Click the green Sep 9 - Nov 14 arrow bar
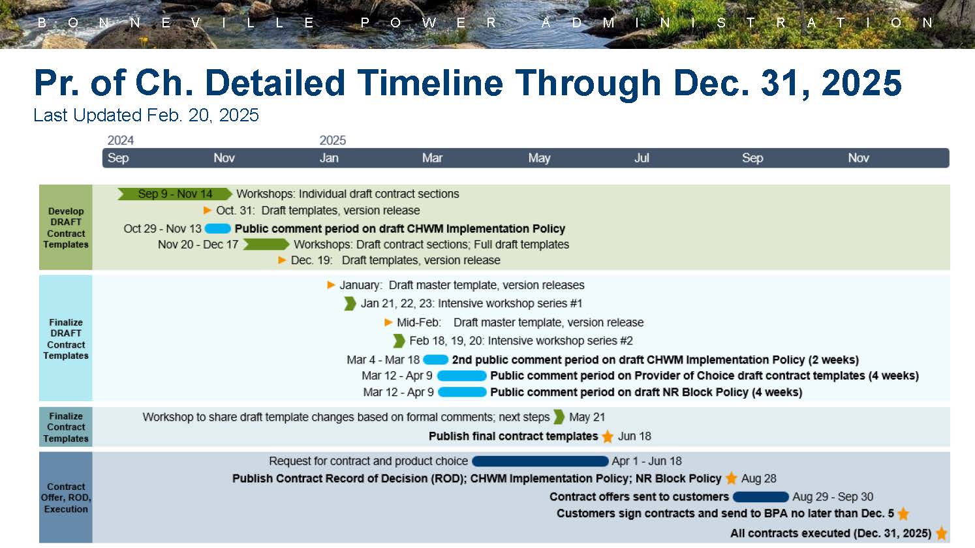coord(175,194)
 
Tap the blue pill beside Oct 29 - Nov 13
coord(218,228)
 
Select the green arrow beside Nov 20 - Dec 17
coord(266,245)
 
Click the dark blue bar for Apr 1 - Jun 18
coord(540,461)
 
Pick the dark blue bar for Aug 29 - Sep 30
coord(761,496)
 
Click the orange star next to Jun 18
coord(608,436)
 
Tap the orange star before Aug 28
coord(732,478)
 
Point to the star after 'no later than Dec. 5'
coord(903,514)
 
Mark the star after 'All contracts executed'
coord(941,534)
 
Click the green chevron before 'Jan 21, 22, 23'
coord(350,303)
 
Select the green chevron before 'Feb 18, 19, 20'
coord(399,341)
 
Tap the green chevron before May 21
coord(559,417)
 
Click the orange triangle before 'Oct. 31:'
coord(208,210)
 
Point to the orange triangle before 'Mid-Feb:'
coord(388,322)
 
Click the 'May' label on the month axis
coord(539,158)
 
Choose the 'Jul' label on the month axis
coord(642,158)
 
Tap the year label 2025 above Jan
coord(332,140)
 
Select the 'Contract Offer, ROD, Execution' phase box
coord(66,498)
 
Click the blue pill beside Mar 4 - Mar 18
coord(436,359)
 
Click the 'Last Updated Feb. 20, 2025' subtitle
coord(146,115)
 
